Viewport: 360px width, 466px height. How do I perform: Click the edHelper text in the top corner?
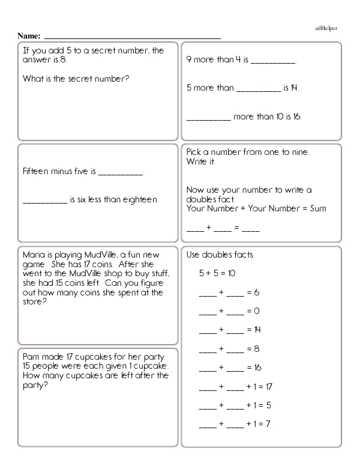[x=329, y=28]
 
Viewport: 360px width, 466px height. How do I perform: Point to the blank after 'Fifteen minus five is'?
[x=120, y=173]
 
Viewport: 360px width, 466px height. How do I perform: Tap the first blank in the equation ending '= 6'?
[x=207, y=292]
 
